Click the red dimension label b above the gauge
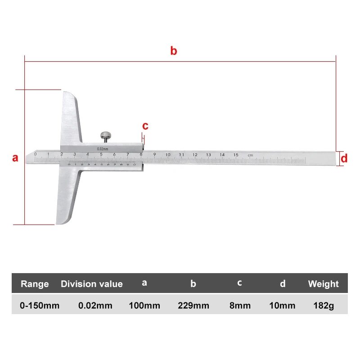click(x=174, y=51)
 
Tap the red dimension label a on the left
click(x=15, y=158)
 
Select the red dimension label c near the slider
click(x=145, y=126)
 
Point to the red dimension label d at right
click(x=344, y=158)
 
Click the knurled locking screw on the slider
click(x=105, y=135)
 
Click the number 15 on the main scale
click(x=235, y=155)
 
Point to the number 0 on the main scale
click(x=35, y=154)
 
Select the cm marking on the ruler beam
click(x=250, y=155)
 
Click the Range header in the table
click(x=35, y=284)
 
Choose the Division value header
click(x=92, y=284)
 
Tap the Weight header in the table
click(x=323, y=284)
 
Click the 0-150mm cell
click(x=40, y=306)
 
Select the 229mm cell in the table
click(x=193, y=306)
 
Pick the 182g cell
click(x=323, y=306)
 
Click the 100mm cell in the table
click(x=144, y=306)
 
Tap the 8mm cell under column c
click(x=240, y=306)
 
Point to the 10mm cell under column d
click(x=283, y=306)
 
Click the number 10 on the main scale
click(x=168, y=155)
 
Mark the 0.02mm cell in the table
click(x=95, y=306)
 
